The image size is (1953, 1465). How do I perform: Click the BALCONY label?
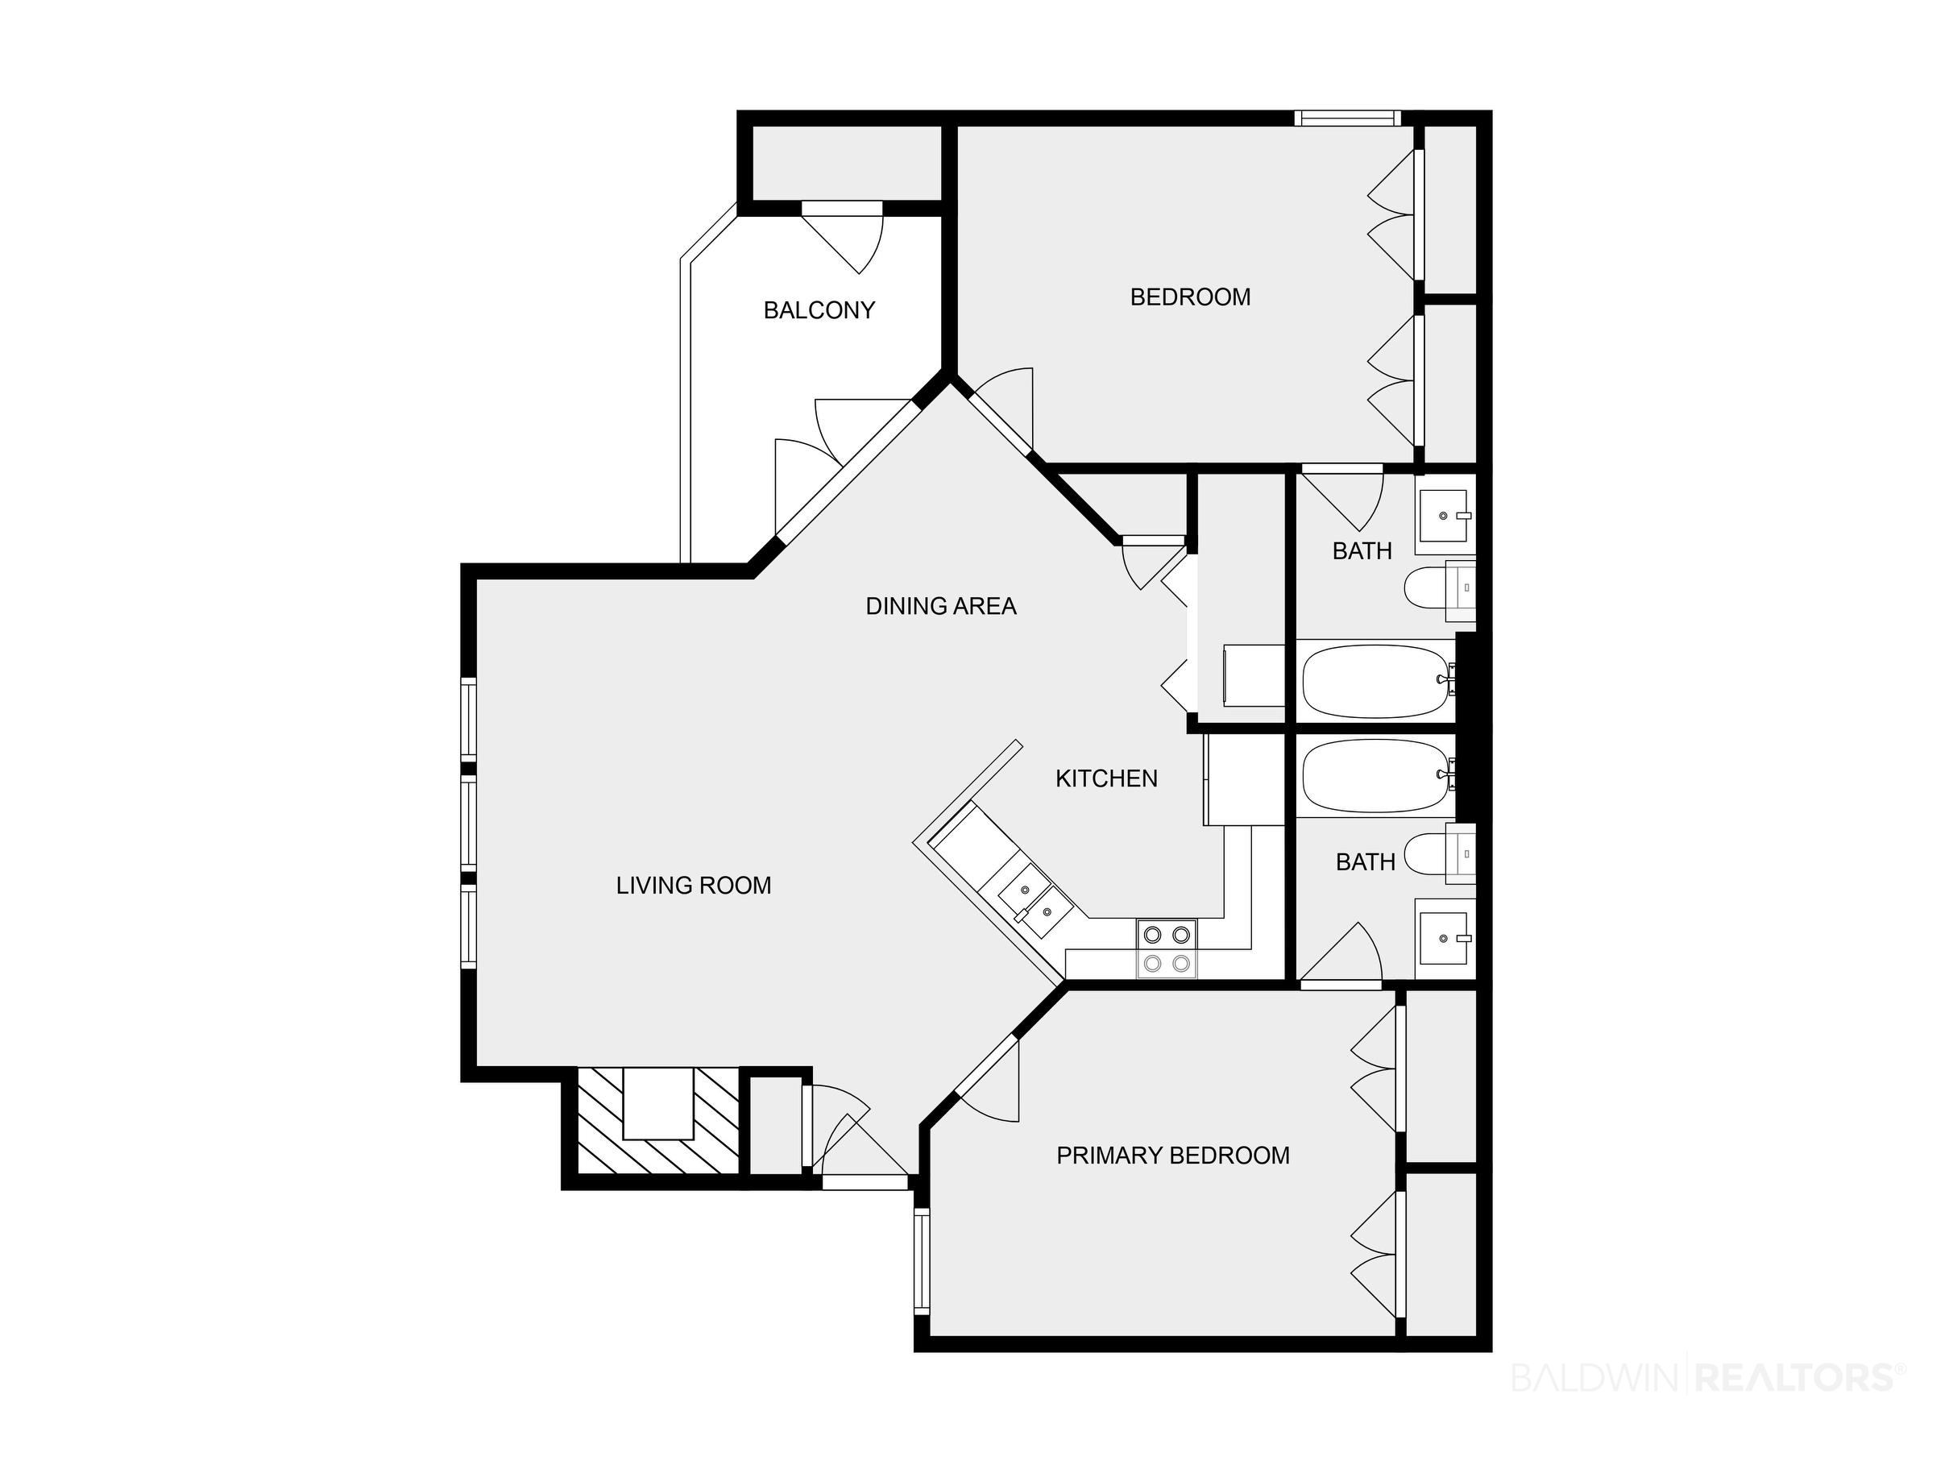819,310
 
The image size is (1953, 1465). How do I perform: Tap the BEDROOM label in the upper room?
1190,297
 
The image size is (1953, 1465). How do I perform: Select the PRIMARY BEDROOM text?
1172,1155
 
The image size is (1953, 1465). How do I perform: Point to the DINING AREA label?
940,606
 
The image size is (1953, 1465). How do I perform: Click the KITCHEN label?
1106,778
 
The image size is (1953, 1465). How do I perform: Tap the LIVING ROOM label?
693,885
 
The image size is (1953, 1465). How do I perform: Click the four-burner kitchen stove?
1167,948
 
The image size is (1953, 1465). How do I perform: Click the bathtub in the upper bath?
1378,681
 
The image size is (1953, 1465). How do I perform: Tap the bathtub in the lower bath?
1378,775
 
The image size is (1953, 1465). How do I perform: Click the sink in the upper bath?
1445,516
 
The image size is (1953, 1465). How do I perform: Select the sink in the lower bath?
1445,939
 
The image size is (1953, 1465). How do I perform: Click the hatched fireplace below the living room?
657,1121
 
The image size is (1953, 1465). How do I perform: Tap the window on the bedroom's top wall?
1348,118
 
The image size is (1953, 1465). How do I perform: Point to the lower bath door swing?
1342,952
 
